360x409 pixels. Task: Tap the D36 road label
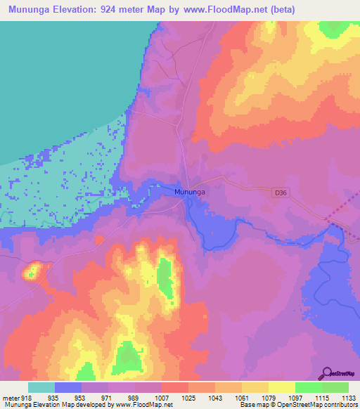281,191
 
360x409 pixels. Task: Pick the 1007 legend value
162,397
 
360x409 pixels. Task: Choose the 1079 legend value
269,397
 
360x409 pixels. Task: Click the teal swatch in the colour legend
41,387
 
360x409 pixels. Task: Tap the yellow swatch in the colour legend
281,387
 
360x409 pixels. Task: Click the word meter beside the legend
10,397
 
